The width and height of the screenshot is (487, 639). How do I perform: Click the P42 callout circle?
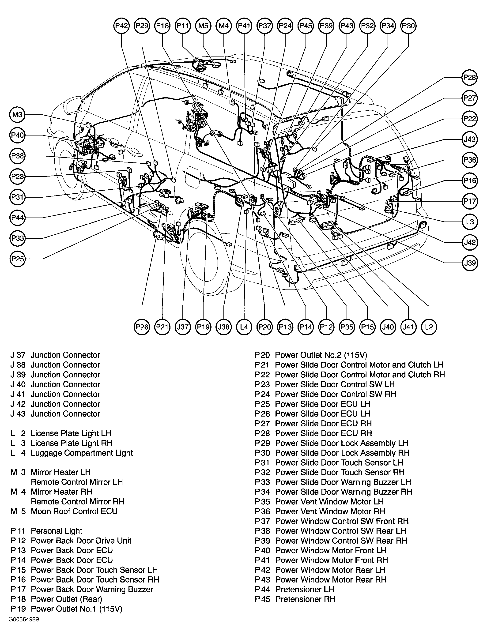121,26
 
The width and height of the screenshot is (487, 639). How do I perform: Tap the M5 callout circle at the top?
203,26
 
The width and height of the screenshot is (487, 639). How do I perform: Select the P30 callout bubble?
408,26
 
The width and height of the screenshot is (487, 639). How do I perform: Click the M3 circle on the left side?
17,115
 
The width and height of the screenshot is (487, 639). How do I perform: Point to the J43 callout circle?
469,139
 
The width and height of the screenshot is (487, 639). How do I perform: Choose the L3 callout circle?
469,222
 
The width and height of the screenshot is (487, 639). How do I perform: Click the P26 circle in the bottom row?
142,327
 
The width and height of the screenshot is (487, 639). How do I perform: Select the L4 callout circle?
244,327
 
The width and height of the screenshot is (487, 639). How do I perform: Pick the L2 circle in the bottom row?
429,327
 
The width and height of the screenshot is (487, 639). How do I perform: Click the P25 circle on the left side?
17,259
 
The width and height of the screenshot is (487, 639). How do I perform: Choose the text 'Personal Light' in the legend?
56,531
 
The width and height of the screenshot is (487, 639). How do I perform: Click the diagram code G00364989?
23,620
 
